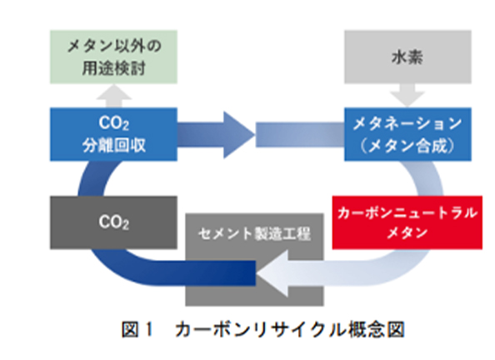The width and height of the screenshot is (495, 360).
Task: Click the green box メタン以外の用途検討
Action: pos(113,57)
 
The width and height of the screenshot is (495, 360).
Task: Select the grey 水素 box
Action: pos(407,57)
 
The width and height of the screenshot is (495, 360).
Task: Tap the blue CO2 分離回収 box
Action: pos(113,134)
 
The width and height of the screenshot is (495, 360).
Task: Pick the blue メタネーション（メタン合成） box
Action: pos(407,134)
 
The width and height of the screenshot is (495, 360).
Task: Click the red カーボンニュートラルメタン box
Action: pos(407,222)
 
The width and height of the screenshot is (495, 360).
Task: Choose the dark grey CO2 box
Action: pos(113,222)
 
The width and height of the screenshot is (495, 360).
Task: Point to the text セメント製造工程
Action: pos(254,233)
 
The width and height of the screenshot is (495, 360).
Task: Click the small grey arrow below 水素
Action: pos(407,95)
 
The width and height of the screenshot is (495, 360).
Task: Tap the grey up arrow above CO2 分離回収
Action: pos(114,96)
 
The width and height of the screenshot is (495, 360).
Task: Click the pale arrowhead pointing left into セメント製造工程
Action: pos(274,273)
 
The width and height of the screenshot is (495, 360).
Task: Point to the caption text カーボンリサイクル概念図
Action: pos(290,330)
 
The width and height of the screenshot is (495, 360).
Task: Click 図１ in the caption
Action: pos(137,330)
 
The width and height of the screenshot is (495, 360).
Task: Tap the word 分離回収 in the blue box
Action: pos(114,146)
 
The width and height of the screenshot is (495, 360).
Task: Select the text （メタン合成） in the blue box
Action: pos(407,146)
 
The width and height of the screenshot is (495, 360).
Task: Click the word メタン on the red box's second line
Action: pos(407,233)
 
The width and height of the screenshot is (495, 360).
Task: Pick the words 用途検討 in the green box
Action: pos(113,68)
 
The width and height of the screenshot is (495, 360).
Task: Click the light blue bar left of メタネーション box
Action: pos(300,135)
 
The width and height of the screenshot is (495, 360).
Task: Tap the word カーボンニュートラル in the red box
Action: pos(407,213)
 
